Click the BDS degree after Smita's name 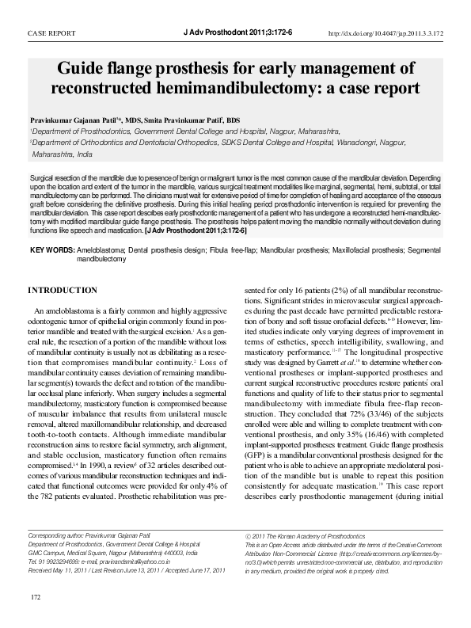(x=233, y=120)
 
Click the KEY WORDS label (x=52, y=250)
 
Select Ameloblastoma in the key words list (x=103, y=250)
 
